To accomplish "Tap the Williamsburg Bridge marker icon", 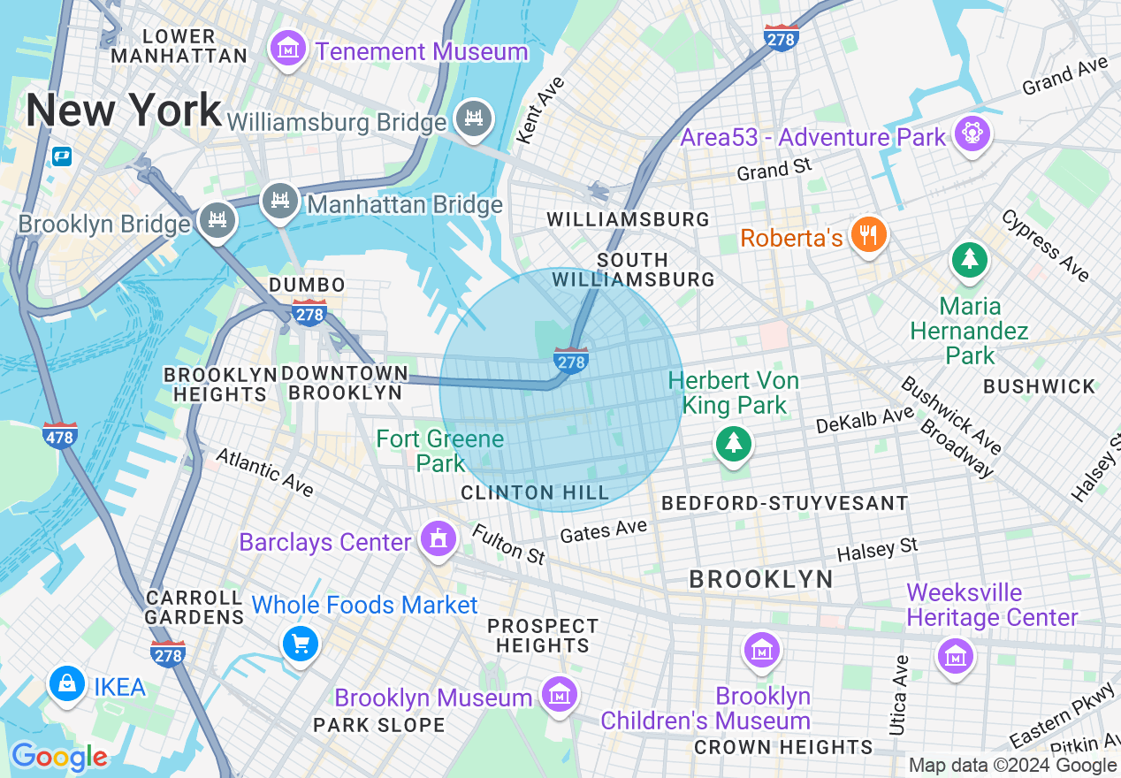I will pyautogui.click(x=474, y=118).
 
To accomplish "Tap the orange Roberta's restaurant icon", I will pyautogui.click(x=869, y=234).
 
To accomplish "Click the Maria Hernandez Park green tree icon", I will pyautogui.click(x=970, y=259).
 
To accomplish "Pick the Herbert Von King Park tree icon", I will pyautogui.click(x=733, y=443).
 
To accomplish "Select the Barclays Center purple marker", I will pyautogui.click(x=437, y=538).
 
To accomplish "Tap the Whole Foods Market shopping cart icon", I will pyautogui.click(x=300, y=644).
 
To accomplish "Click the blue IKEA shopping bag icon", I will pyautogui.click(x=66, y=683).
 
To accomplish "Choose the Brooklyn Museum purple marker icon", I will pyautogui.click(x=559, y=694).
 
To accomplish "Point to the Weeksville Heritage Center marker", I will pyautogui.click(x=955, y=656).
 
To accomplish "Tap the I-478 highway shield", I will pyautogui.click(x=59, y=435).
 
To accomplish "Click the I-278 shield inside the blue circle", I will pyautogui.click(x=571, y=360).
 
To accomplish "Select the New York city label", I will pyautogui.click(x=123, y=111).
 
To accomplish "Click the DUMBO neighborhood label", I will pyautogui.click(x=307, y=286).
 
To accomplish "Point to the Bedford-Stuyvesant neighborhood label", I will pyautogui.click(x=784, y=504).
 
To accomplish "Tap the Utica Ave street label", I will pyautogui.click(x=900, y=695).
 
